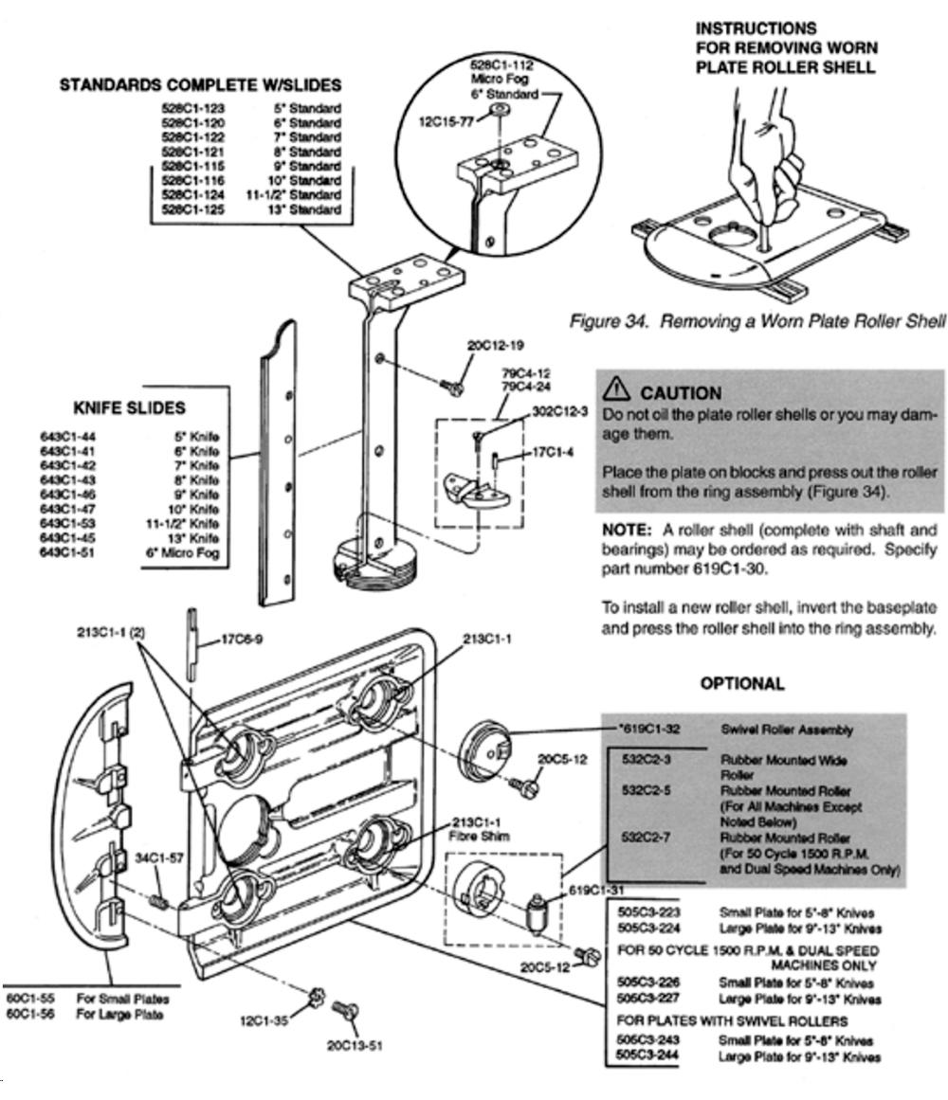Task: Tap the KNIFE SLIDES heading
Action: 129,408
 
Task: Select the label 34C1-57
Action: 152,858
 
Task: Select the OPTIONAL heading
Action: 742,683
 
